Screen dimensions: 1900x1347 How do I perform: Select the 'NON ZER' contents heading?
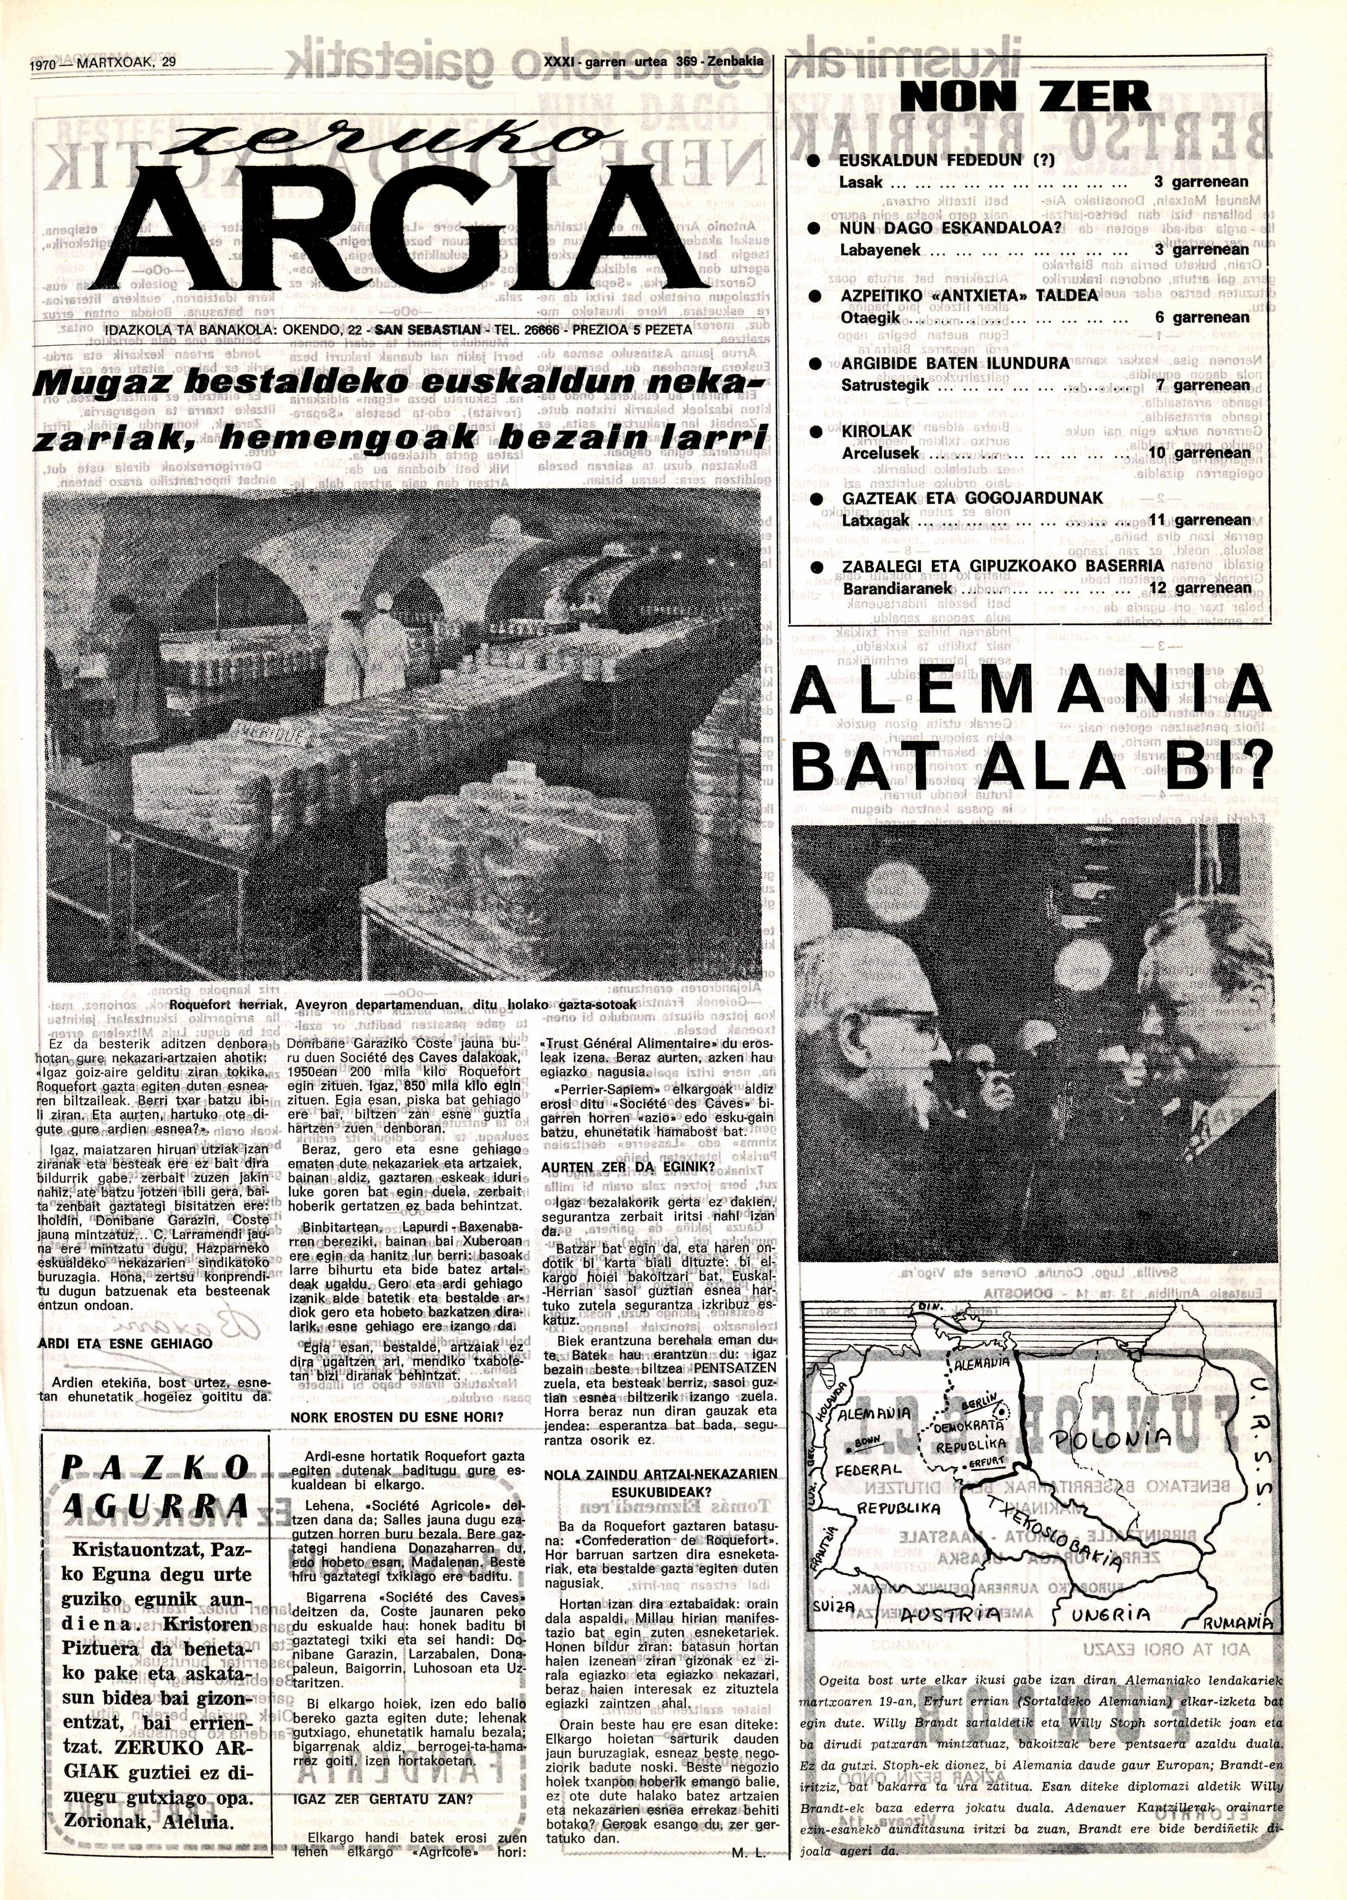[x=1027, y=98]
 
